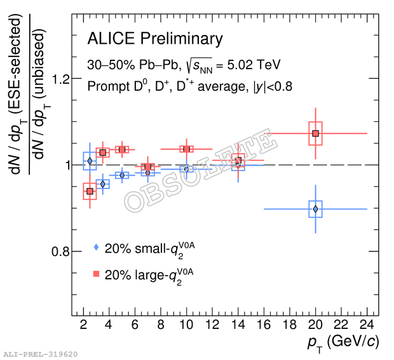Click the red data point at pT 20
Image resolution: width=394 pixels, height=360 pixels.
[315, 133]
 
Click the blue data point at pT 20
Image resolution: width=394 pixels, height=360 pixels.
[315, 209]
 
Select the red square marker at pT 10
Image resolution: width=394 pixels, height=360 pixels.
[186, 149]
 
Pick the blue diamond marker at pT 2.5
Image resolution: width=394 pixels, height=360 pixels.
[90, 161]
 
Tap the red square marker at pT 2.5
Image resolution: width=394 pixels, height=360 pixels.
[90, 191]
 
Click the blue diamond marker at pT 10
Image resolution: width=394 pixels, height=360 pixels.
[186, 169]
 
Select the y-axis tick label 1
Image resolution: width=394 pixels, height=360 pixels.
[64, 166]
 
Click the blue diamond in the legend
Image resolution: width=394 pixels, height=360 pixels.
[96, 248]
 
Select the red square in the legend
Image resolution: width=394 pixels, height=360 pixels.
[96, 274]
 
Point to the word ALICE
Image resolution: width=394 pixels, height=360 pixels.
[111, 39]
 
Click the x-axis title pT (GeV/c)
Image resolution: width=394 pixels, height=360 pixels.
[344, 342]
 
